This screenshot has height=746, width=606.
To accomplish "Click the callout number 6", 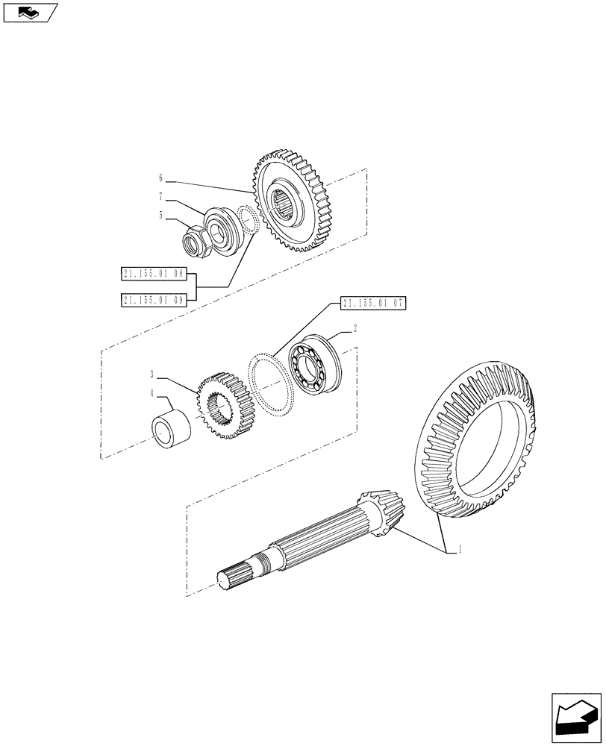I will click(160, 178).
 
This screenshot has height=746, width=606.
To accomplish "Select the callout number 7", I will click(160, 198).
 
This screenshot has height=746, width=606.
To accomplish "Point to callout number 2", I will click(354, 327).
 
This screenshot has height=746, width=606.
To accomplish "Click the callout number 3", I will click(151, 374).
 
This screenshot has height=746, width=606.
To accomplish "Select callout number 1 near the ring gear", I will click(460, 550).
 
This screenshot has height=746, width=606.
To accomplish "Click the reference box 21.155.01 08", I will click(152, 275).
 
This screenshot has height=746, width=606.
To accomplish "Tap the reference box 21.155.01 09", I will click(152, 299).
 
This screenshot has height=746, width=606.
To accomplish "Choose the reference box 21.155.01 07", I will click(372, 303).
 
